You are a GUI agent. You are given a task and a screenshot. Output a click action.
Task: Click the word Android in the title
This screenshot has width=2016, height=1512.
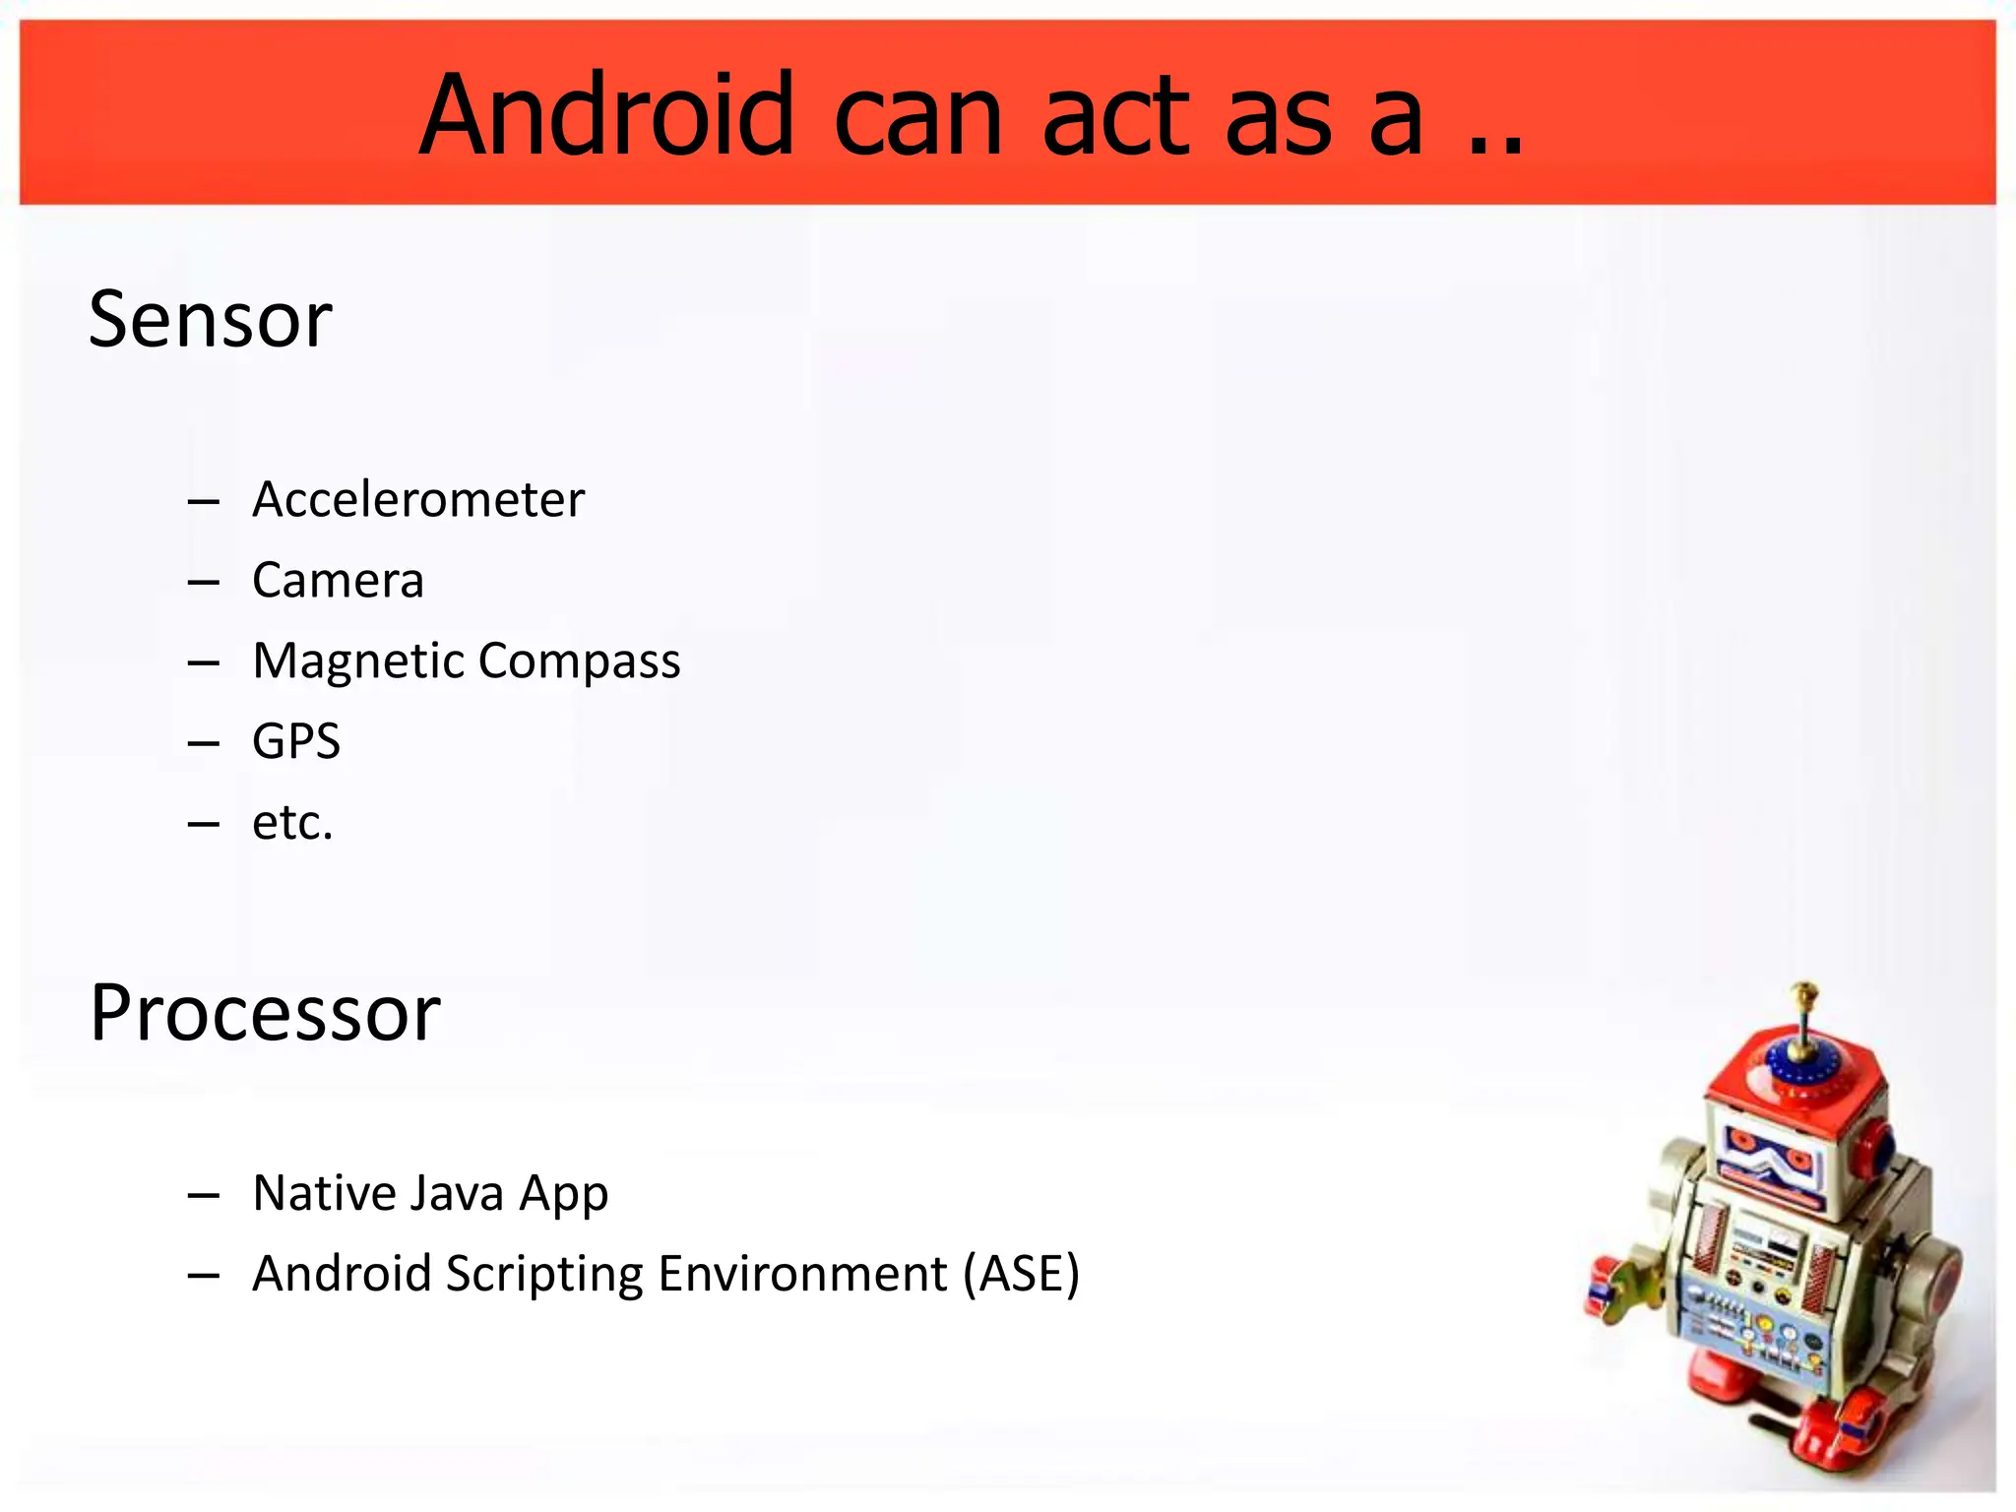(605, 115)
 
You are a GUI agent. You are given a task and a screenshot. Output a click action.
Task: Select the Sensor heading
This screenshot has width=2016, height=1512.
(211, 320)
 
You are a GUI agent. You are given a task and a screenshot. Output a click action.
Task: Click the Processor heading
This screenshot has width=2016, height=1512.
(265, 1013)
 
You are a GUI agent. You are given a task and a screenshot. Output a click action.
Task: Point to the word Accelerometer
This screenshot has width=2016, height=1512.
(418, 500)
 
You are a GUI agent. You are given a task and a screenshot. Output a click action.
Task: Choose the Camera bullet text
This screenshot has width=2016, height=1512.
(338, 581)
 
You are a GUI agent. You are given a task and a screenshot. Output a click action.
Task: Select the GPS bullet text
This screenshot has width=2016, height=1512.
(296, 741)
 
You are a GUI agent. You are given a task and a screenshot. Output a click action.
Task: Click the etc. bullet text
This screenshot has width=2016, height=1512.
(292, 822)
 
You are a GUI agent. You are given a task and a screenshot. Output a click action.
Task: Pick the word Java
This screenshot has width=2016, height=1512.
(455, 1193)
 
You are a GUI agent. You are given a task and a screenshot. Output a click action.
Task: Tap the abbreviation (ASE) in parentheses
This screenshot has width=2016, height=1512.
(1021, 1274)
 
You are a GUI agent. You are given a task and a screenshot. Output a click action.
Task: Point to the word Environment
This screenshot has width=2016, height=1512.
(802, 1274)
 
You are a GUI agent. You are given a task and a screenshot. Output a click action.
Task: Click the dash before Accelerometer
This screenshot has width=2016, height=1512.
(203, 502)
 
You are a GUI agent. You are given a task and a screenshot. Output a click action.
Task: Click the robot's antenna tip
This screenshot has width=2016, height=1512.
(1804, 988)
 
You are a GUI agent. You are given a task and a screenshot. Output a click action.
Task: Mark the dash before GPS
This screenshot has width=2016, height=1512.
(203, 743)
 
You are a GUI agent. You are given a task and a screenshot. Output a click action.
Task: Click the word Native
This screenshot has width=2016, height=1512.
(324, 1193)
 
